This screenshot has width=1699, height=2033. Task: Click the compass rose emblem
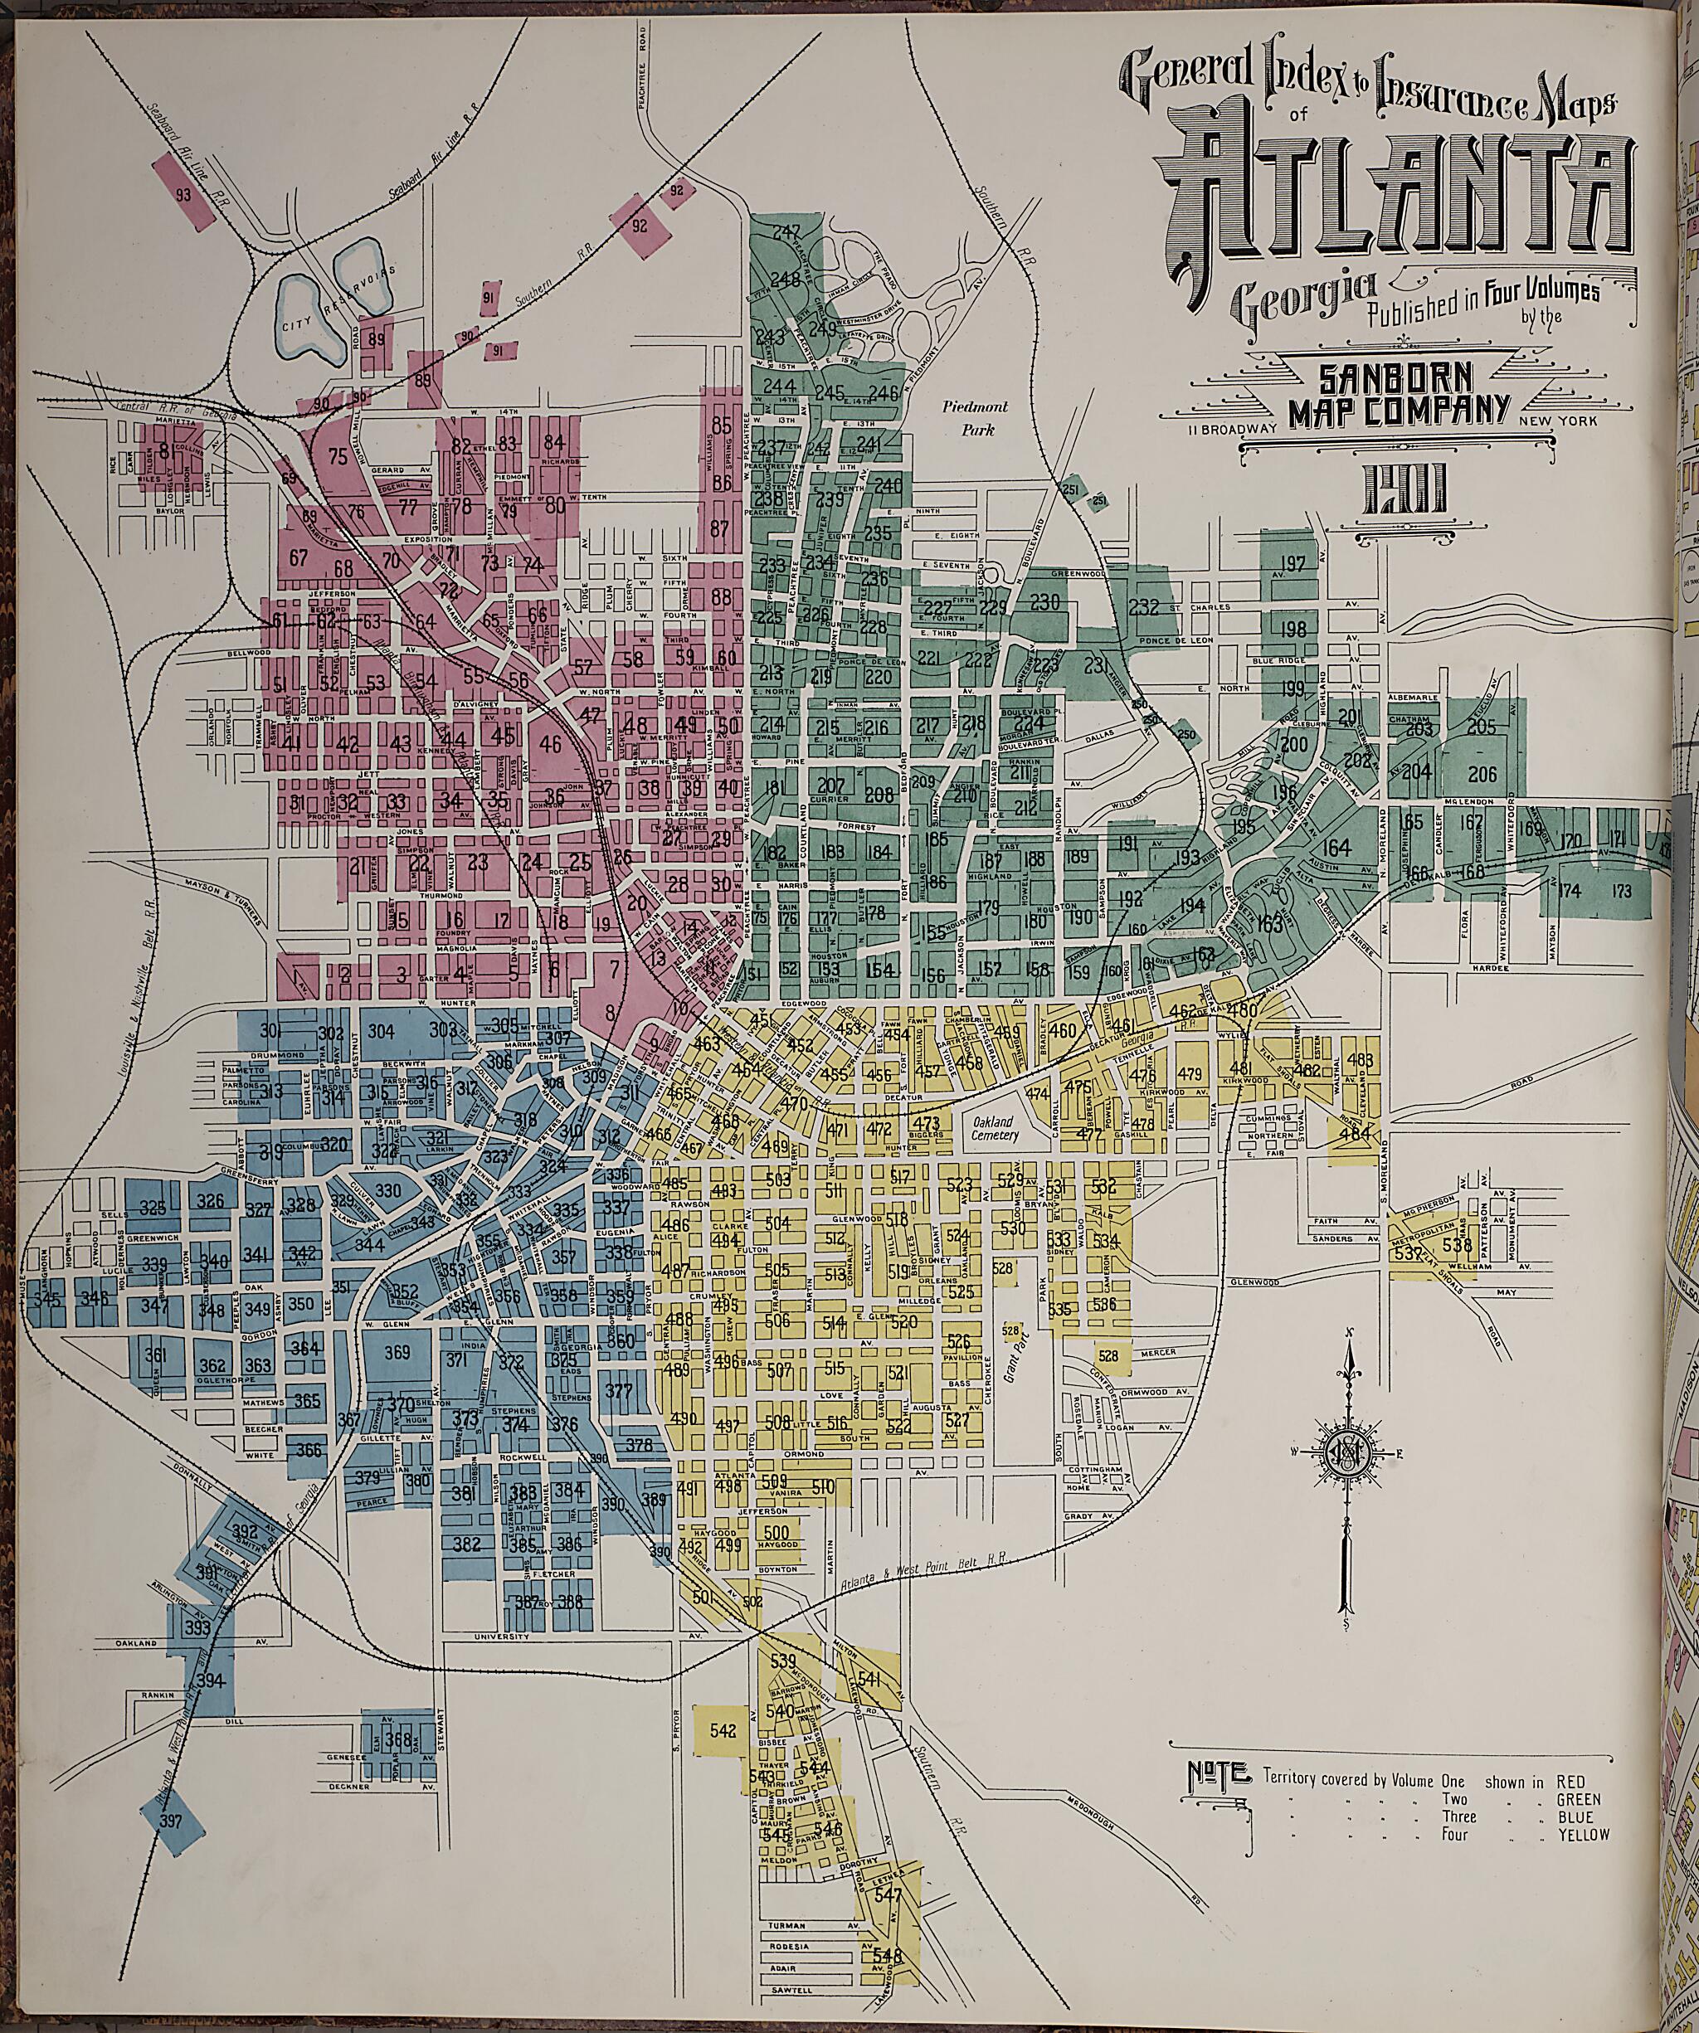[1346, 1454]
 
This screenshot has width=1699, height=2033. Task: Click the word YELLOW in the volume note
[1583, 1835]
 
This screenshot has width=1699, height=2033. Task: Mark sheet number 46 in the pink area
[550, 745]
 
